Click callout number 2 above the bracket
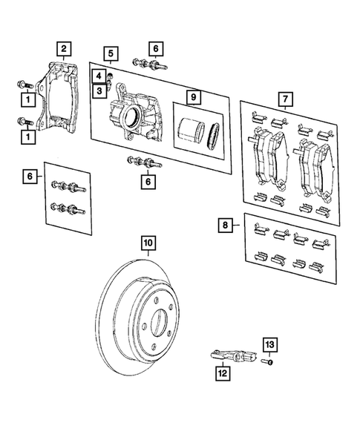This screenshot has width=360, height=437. pyautogui.click(x=65, y=50)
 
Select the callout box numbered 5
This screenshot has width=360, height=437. pyautogui.click(x=110, y=53)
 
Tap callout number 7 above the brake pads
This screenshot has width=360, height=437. pyautogui.click(x=282, y=98)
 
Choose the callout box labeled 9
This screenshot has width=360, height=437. pyautogui.click(x=192, y=96)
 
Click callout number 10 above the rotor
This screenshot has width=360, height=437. pyautogui.click(x=148, y=243)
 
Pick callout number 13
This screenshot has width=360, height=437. pyautogui.click(x=270, y=344)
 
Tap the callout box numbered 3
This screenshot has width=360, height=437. pyautogui.click(x=97, y=91)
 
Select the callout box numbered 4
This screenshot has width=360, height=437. pyautogui.click(x=97, y=75)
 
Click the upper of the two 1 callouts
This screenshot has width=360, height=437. pyautogui.click(x=28, y=98)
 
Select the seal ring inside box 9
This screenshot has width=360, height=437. pyautogui.click(x=214, y=134)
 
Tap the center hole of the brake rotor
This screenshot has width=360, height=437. pyautogui.click(x=161, y=324)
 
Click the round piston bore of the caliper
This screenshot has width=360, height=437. pyautogui.click(x=132, y=115)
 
